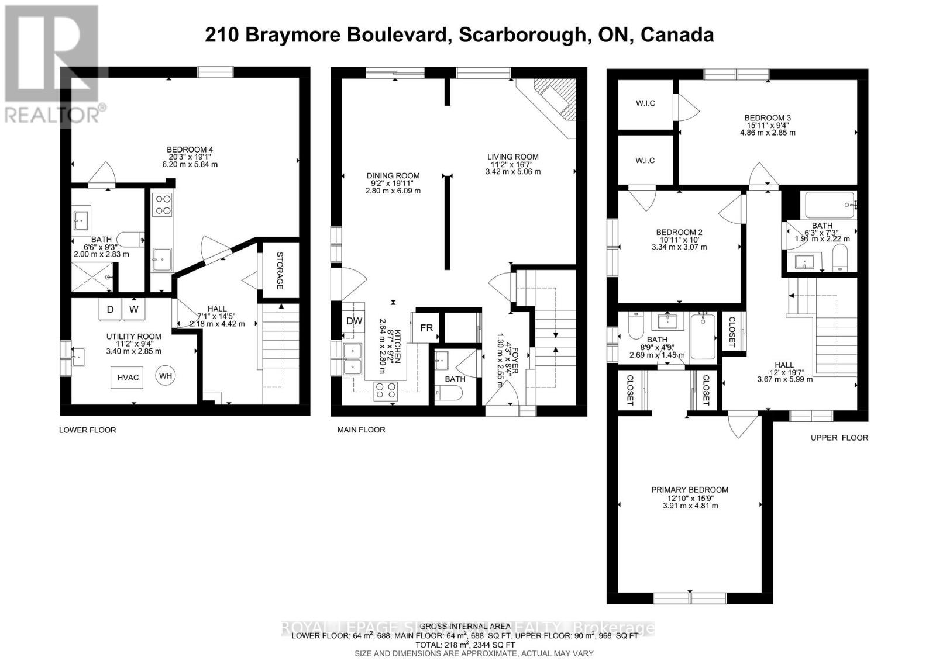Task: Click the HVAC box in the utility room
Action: coord(128,378)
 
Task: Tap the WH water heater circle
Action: coord(166,376)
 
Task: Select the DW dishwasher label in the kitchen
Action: coord(355,321)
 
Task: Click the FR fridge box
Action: coord(426,328)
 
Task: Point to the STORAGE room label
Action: coord(280,271)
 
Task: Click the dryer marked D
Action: coord(109,309)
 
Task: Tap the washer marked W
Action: coord(134,309)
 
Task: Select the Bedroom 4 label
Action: coord(190,150)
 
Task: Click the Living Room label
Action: coord(513,157)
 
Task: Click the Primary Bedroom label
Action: coord(690,490)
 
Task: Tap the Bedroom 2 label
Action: coord(679,232)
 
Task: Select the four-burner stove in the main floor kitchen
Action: coord(384,390)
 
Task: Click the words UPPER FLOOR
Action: coord(839,437)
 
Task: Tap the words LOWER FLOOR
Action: coord(88,430)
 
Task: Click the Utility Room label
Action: coord(133,336)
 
